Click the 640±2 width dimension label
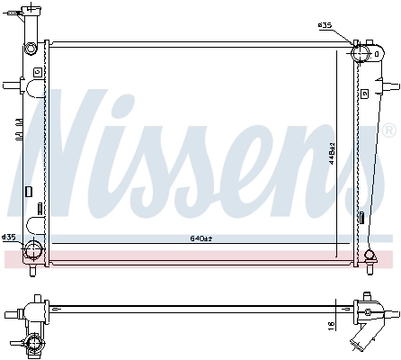click(200, 238)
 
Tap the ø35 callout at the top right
click(325, 25)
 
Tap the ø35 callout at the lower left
click(9, 237)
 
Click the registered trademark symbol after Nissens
click(388, 131)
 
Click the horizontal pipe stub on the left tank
click(11, 86)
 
